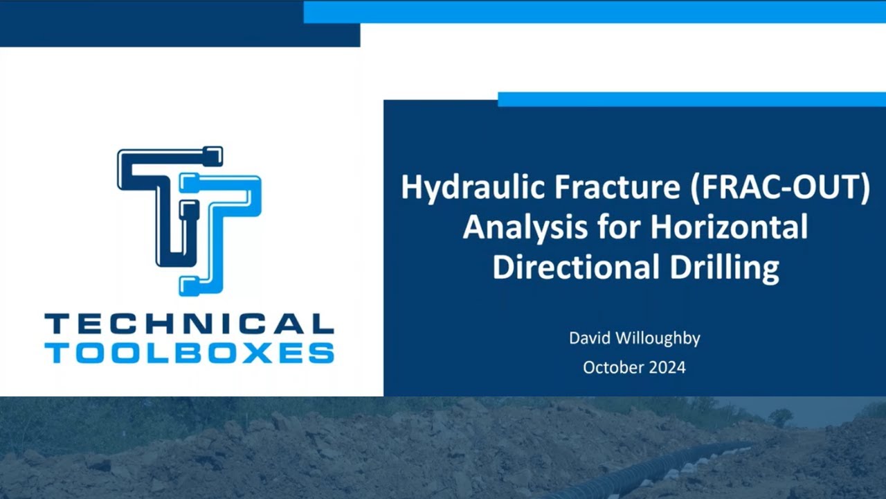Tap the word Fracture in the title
612,188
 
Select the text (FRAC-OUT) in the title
779,188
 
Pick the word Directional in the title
574,268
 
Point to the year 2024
668,367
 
